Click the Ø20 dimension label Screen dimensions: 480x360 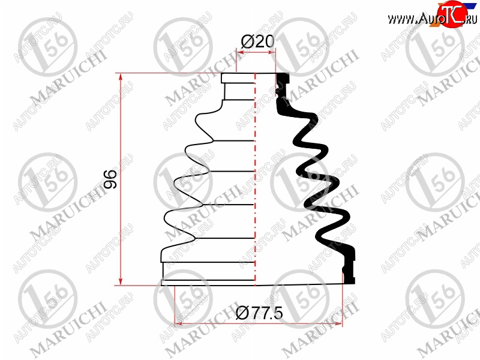(x=257, y=41)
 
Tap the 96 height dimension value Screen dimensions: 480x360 (x=110, y=179)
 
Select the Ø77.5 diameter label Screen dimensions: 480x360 (x=260, y=313)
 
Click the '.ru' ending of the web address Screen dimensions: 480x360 (x=470, y=19)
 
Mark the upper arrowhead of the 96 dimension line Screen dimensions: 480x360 (x=121, y=77)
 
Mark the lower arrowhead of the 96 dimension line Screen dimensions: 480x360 (x=121, y=281)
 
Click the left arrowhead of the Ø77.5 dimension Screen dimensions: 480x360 (x=178, y=323)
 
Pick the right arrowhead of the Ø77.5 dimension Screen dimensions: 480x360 (x=338, y=323)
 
